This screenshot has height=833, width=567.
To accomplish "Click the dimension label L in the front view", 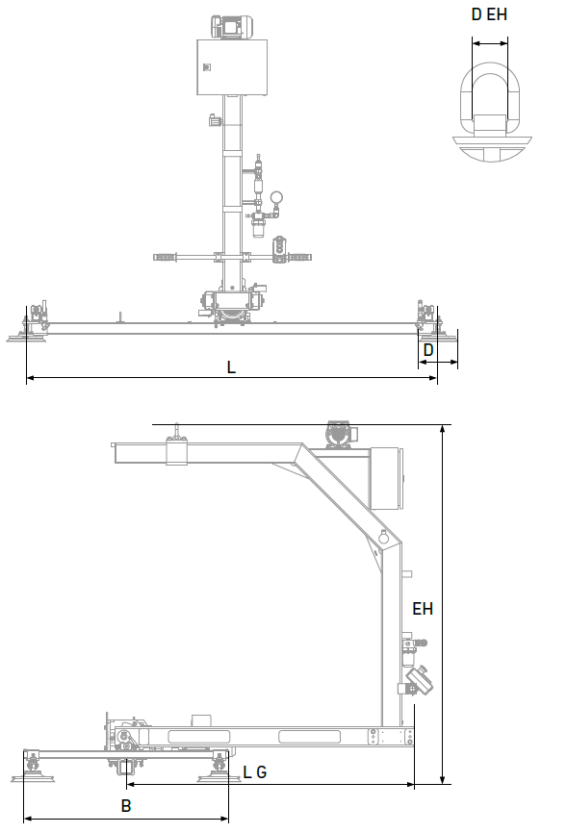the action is (x=231, y=367).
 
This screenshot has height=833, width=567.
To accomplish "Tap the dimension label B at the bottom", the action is (x=126, y=806).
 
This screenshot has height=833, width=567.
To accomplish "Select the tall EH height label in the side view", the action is (x=423, y=609).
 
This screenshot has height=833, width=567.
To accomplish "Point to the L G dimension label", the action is (x=255, y=771).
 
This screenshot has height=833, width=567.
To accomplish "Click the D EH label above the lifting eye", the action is (x=489, y=14).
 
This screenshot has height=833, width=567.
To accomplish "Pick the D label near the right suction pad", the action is (x=428, y=350).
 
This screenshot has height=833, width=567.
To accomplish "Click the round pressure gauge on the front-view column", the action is (x=276, y=197).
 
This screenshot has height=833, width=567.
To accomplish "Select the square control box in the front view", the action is (x=232, y=67).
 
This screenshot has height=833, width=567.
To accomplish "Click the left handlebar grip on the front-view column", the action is (x=165, y=257).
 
